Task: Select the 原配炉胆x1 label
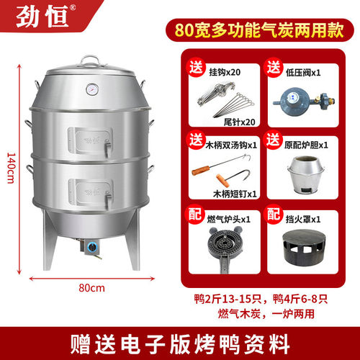[x=305, y=145]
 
